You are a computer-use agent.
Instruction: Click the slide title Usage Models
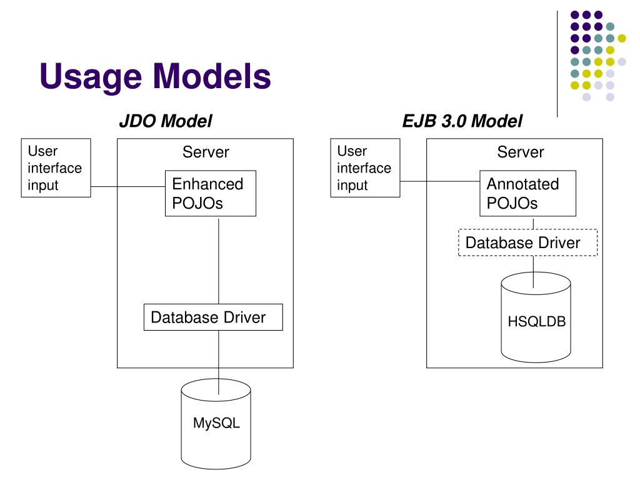coord(156,76)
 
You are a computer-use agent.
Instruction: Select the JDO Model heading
coord(165,121)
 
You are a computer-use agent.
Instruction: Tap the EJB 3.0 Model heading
coord(462,121)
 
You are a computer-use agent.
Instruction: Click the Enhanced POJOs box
coord(211,194)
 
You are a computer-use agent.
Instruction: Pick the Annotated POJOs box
coord(527,194)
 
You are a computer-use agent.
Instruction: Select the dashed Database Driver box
coord(527,242)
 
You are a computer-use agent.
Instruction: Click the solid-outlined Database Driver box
coord(213,317)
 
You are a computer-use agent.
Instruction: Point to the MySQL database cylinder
coord(216,424)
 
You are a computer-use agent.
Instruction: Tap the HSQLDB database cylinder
coord(536,317)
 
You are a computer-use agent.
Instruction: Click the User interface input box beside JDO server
coord(56,167)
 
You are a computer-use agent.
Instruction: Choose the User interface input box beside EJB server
coord(365,167)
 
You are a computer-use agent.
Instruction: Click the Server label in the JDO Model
coord(206,152)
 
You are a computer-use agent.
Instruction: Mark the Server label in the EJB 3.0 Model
coord(521,152)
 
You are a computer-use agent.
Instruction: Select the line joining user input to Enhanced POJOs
coord(127,186)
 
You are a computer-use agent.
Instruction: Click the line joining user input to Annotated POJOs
coord(440,181)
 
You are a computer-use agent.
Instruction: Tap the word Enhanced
coord(207,184)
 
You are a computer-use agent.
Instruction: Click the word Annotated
coord(523,184)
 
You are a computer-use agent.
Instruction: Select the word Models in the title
coord(212,76)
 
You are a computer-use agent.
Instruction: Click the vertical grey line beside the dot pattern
coord(557,64)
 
